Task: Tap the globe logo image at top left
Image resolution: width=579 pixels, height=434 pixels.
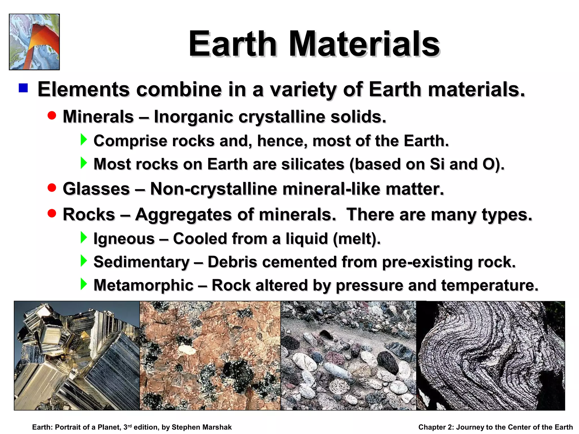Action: pos(34,42)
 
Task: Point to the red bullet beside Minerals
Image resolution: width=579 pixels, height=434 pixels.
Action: pos(52,116)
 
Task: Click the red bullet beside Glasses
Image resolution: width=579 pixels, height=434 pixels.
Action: pos(52,188)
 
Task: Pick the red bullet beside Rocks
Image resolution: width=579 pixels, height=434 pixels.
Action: pos(52,213)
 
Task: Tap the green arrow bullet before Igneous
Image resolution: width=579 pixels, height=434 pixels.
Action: pos(84,237)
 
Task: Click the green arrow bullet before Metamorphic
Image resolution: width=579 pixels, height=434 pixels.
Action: pos(84,284)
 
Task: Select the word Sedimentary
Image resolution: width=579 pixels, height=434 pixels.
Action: pos(141,262)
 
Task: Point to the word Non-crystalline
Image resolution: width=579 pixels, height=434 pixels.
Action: pos(213,189)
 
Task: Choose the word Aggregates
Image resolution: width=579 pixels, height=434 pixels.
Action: pos(183,214)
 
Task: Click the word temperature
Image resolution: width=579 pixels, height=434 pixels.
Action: pos(490,285)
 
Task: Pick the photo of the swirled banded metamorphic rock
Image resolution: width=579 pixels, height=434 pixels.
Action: pos(491,355)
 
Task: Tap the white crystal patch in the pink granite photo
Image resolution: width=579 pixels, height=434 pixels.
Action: pos(187,350)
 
